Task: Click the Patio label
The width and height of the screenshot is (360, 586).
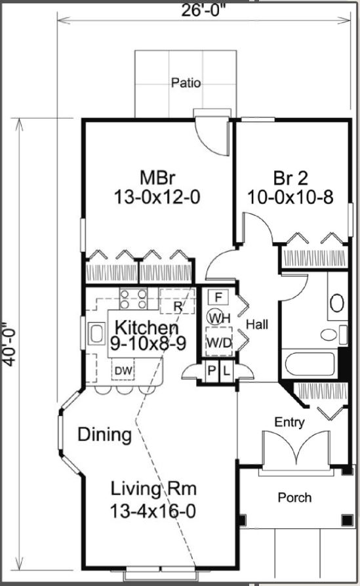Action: tap(186, 83)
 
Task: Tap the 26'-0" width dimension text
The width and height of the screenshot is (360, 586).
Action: tap(205, 10)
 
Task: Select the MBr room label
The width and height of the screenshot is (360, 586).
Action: tap(157, 178)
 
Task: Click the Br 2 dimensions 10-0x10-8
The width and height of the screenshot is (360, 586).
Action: tap(290, 198)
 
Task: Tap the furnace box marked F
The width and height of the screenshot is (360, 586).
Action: tap(218, 297)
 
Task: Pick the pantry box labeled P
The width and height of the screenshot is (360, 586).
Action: tap(211, 371)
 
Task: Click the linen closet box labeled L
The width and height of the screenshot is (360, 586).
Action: tap(226, 371)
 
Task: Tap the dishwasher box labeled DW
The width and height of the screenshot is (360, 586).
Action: tap(123, 370)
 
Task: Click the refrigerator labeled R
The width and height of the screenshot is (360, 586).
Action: tap(178, 301)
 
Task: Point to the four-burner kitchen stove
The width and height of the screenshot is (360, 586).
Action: tap(134, 299)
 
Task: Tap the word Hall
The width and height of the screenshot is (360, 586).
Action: tap(257, 324)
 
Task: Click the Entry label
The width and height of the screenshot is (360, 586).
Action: tap(289, 423)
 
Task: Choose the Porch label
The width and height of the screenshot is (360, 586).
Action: tap(294, 497)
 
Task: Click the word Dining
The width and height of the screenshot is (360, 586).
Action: tap(104, 434)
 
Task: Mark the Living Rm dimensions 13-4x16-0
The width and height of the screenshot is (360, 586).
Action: tap(153, 511)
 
